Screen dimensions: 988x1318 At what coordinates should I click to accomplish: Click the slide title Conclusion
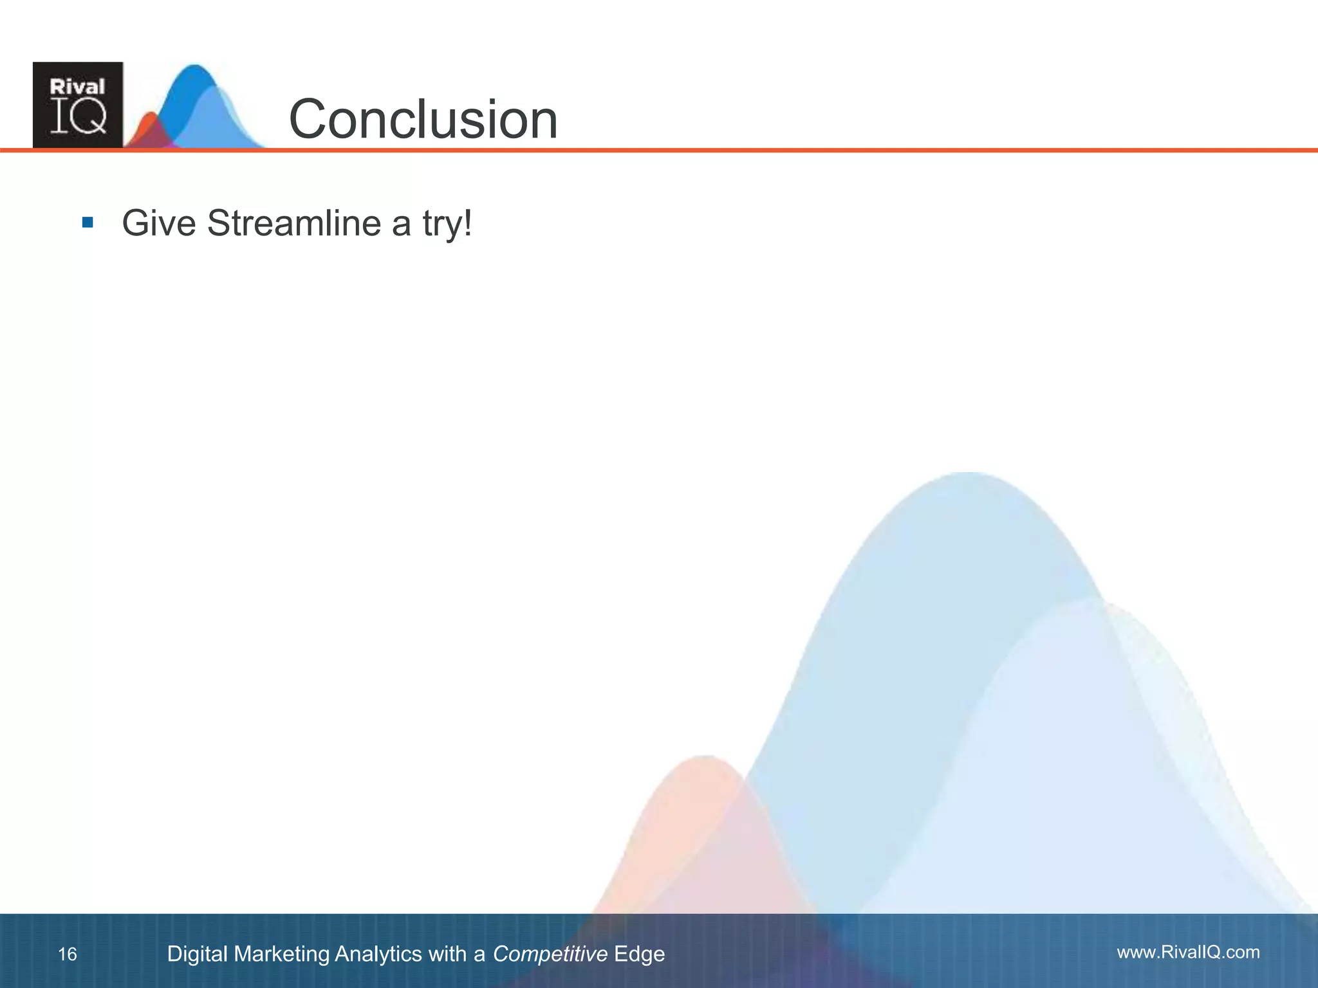(423, 120)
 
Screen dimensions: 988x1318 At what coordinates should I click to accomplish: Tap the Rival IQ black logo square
(78, 105)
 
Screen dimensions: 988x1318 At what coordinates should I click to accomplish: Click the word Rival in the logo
(77, 87)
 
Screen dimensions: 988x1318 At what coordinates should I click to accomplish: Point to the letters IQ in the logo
(79, 118)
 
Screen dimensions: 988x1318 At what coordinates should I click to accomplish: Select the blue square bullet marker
(88, 223)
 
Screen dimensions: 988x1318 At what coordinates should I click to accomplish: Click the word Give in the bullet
(158, 224)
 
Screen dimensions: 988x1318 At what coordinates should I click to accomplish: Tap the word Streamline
(294, 224)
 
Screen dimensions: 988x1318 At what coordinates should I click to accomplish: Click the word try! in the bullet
(447, 224)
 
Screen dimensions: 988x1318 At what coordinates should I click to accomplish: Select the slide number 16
(68, 954)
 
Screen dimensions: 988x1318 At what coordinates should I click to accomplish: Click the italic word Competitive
(550, 954)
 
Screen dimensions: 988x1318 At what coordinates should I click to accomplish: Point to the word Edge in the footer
(639, 954)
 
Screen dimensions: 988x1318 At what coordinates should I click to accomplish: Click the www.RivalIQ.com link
(1188, 952)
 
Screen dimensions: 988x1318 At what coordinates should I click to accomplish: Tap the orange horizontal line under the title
(772, 151)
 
